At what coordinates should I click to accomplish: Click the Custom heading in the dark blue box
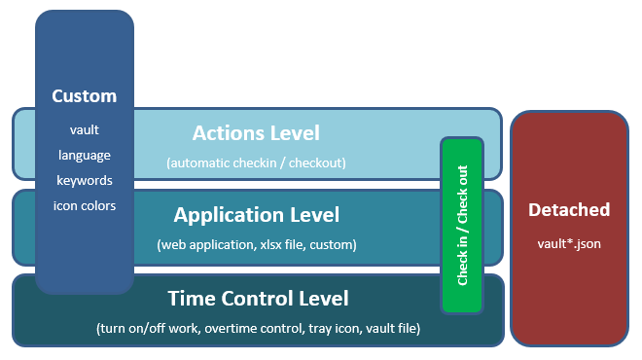[x=85, y=96]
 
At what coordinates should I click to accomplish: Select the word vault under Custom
[x=85, y=129]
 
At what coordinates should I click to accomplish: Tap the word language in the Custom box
[x=85, y=156]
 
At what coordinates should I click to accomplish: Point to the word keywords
[x=85, y=181]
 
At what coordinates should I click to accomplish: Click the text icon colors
[x=85, y=205]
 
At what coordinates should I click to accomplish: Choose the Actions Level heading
[x=256, y=133]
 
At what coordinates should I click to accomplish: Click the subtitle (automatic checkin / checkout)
[x=256, y=163]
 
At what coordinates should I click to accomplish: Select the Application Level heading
[x=257, y=215]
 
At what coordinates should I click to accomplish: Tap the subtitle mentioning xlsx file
[x=257, y=245]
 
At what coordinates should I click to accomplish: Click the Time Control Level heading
[x=258, y=298]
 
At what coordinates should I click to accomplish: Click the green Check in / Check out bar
[x=462, y=226]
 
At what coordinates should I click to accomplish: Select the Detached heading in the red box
[x=569, y=210]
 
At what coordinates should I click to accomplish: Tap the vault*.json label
[x=569, y=244]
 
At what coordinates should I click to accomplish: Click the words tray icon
[x=335, y=329]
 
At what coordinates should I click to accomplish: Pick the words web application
[x=209, y=245]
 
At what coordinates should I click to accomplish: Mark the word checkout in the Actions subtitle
[x=315, y=163]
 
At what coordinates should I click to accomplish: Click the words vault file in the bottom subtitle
[x=391, y=329]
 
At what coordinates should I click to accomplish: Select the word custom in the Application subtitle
[x=331, y=245]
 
